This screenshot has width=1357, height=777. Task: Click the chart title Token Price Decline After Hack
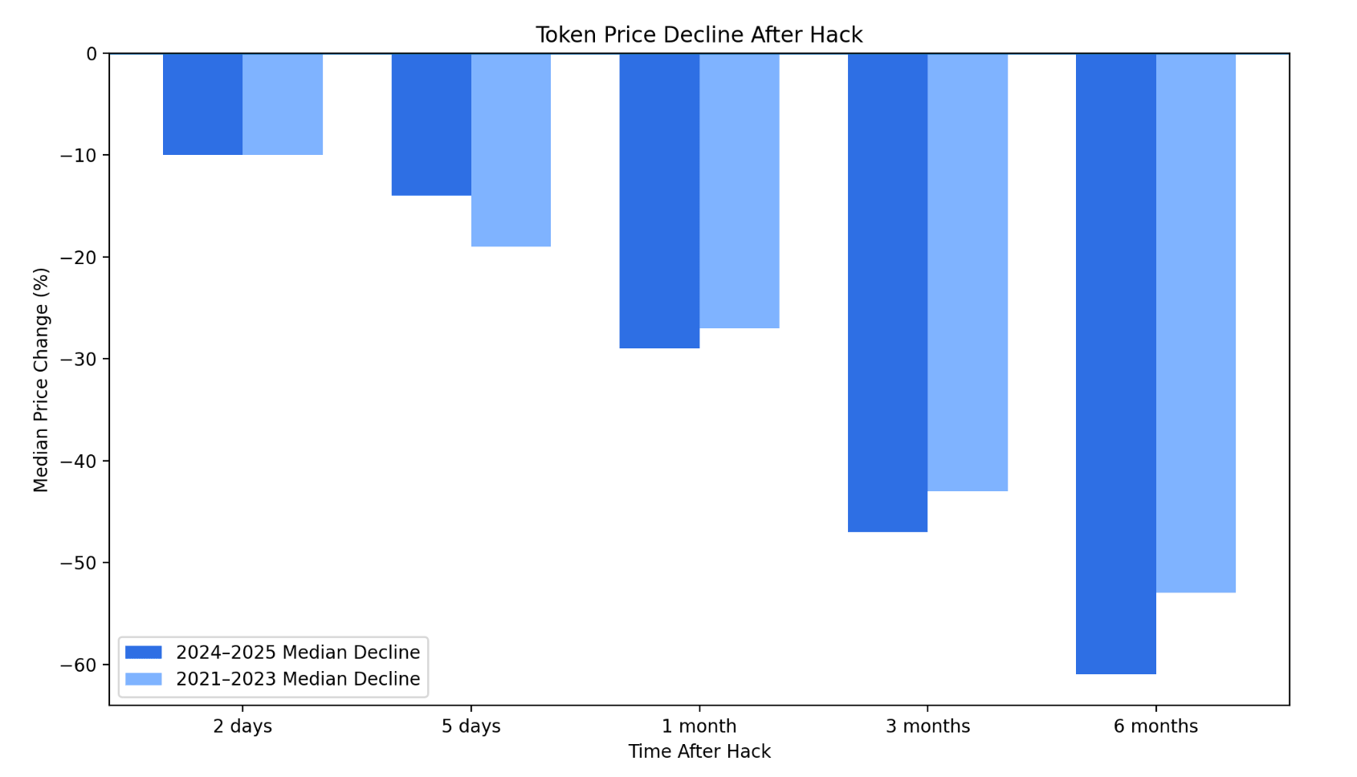(699, 35)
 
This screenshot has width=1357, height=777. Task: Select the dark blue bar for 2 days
(203, 104)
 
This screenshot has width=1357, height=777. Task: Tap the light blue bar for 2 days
(283, 104)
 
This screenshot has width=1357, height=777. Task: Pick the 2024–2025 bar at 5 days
(431, 124)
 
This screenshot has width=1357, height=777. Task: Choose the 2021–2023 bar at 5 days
(511, 150)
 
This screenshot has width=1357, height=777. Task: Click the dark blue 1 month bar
(659, 201)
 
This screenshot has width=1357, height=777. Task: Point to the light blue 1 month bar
(739, 191)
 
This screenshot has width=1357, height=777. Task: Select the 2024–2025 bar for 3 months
(887, 292)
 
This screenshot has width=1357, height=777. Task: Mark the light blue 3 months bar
(968, 272)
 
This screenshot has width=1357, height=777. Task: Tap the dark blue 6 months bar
(1116, 364)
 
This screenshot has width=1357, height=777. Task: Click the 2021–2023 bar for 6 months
(1196, 323)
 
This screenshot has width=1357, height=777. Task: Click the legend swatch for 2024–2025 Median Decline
(144, 652)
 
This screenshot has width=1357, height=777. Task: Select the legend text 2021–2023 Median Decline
(298, 679)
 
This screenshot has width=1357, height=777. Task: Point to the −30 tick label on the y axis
(78, 360)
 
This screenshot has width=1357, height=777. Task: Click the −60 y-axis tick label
(78, 665)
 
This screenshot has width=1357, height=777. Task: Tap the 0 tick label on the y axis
(92, 54)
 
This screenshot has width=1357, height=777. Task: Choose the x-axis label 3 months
(927, 726)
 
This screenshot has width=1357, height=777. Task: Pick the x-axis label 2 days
(242, 726)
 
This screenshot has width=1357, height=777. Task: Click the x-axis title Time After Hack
(699, 752)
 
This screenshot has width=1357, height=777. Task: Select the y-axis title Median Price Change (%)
(41, 380)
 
